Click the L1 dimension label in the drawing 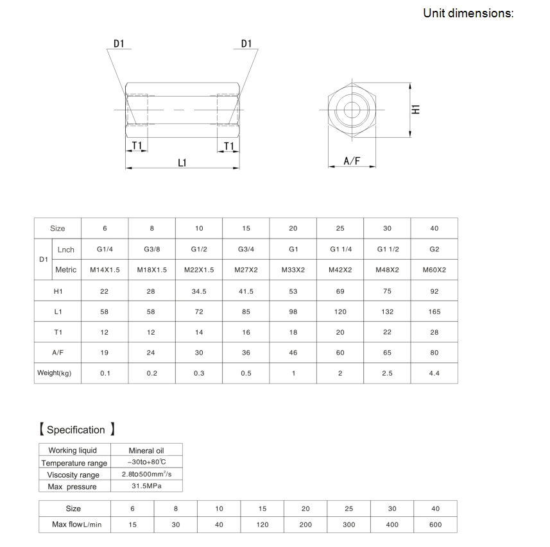[x=182, y=162]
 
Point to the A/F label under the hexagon [x=351, y=161]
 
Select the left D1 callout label [x=119, y=44]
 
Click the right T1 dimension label [x=228, y=147]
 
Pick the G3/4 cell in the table [x=246, y=249]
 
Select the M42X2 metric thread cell [x=340, y=270]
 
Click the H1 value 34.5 [x=199, y=291]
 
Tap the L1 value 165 [x=434, y=312]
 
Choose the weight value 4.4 [x=434, y=373]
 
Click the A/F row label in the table [x=58, y=352]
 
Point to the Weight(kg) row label [x=58, y=373]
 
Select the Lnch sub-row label [x=66, y=249]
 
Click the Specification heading [x=76, y=430]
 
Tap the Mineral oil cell [x=146, y=451]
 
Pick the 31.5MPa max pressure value [x=146, y=487]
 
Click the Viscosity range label [x=74, y=475]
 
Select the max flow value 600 [x=435, y=525]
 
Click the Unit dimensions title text [x=468, y=13]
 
